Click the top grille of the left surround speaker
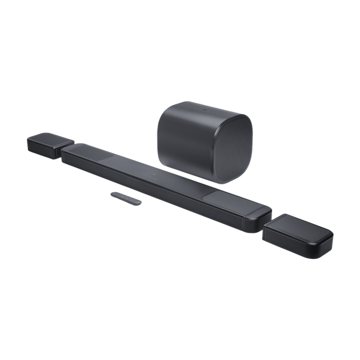coord(53,139)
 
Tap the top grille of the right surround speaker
coord(301,227)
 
